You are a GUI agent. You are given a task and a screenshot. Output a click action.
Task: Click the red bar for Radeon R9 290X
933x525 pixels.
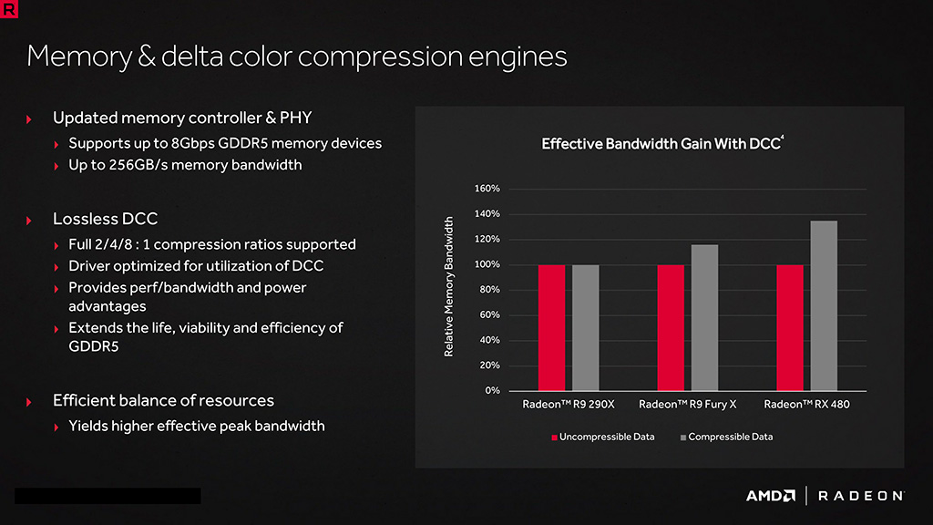(551, 327)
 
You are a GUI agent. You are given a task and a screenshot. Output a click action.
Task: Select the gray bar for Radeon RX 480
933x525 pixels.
(824, 305)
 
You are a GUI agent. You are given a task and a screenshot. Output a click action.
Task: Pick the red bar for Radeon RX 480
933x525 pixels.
(789, 327)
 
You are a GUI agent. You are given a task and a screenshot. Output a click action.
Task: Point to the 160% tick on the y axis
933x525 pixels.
(487, 189)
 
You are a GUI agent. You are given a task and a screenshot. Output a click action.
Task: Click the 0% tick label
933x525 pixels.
(492, 390)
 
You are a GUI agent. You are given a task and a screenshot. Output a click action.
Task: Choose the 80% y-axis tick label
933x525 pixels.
(489, 290)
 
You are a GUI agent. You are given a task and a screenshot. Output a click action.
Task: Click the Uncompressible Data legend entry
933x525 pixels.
(603, 437)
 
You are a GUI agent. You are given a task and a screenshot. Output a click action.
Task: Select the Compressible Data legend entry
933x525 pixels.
(726, 437)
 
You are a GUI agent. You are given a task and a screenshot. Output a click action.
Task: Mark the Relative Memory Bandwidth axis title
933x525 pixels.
(449, 286)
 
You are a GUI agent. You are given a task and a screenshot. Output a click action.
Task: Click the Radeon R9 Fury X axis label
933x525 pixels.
(687, 404)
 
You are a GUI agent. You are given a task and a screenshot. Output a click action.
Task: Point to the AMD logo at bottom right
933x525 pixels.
(771, 496)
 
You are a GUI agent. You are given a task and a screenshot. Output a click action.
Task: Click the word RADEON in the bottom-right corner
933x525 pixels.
(860, 496)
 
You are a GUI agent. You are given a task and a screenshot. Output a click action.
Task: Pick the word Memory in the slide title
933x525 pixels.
(78, 57)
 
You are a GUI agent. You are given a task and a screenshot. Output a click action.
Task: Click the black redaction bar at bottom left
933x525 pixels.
(108, 496)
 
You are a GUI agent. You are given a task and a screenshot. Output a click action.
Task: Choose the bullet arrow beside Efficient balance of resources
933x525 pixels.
(30, 402)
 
